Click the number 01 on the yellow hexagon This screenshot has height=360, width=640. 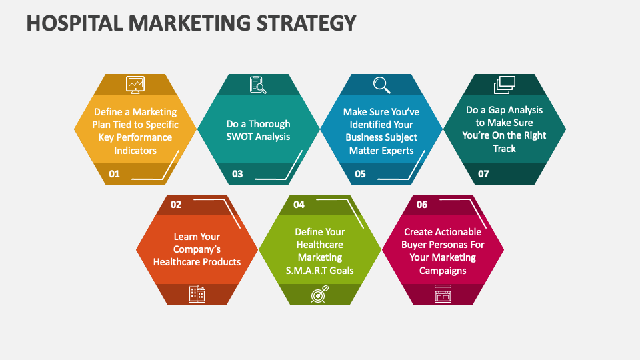[114, 174]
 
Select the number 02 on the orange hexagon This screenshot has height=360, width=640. [176, 205]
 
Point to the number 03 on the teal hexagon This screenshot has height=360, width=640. [237, 174]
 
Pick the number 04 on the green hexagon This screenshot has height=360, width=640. [299, 205]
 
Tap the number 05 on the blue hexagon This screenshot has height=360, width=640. [360, 174]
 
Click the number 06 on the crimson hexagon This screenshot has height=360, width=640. [422, 205]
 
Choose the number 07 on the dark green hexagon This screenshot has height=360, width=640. [483, 174]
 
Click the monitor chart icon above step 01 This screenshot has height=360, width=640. [135, 84]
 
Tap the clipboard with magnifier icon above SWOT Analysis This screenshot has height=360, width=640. [258, 84]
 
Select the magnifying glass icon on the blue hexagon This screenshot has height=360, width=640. [381, 84]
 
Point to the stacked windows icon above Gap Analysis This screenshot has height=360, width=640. [505, 85]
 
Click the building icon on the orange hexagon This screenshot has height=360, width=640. [197, 293]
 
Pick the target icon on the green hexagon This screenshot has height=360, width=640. [319, 294]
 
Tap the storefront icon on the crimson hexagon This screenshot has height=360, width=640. [443, 293]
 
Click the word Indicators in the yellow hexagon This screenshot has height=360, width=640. [135, 150]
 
